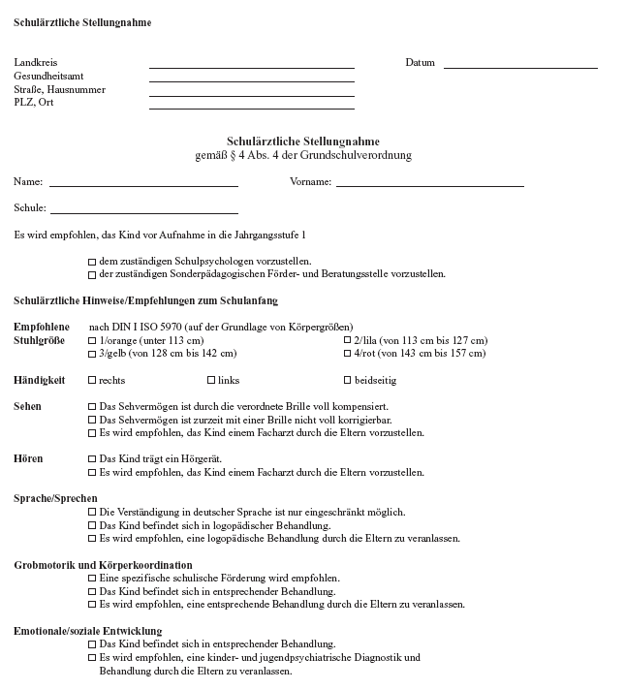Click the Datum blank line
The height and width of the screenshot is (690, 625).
point(520,67)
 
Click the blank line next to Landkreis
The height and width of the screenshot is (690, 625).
point(251,67)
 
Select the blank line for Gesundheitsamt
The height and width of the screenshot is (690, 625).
point(251,80)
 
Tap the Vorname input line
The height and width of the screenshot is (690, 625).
point(429,183)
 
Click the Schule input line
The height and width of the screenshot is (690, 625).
point(143,211)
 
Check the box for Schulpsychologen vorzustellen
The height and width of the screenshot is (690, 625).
point(92,262)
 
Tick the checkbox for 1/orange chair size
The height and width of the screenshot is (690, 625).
point(92,341)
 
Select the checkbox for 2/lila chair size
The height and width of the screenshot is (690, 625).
point(348,341)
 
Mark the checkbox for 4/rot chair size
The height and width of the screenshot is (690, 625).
point(348,354)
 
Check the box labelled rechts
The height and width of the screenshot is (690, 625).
point(92,381)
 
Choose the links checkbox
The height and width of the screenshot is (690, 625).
point(211,381)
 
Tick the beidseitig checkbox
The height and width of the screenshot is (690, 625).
point(348,381)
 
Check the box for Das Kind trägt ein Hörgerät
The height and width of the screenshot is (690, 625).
point(92,460)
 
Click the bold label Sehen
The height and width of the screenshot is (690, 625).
point(27,407)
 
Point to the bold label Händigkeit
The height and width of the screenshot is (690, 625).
point(40,380)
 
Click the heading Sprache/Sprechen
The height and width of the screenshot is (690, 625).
point(55,499)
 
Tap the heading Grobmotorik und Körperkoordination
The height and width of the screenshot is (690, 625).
point(103,565)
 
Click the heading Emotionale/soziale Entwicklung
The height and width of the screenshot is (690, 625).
point(88,631)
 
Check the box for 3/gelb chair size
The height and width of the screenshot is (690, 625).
point(92,354)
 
